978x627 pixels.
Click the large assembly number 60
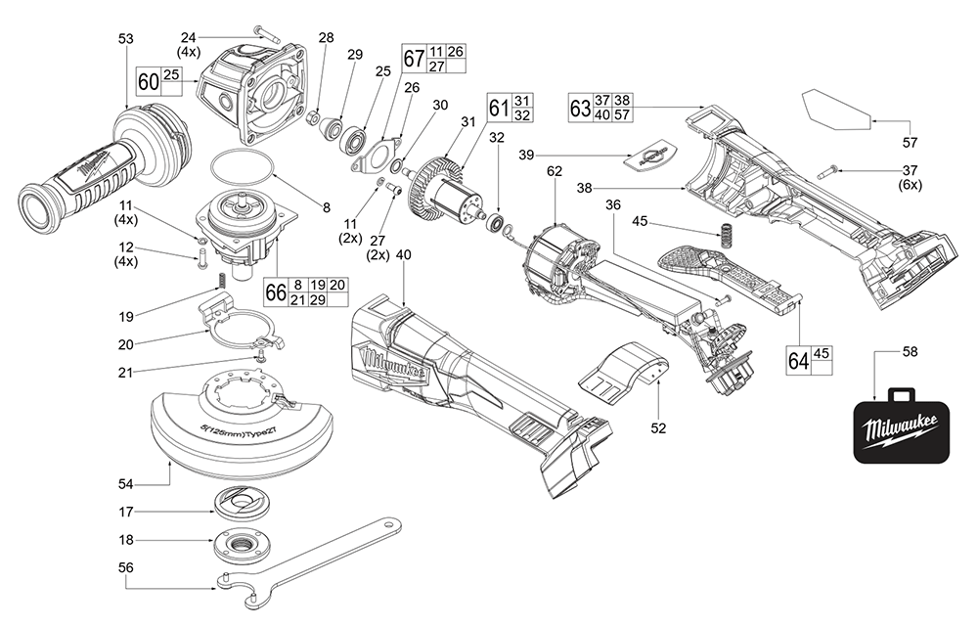click(149, 81)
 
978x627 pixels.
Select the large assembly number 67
click(414, 59)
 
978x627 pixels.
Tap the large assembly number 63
click(580, 107)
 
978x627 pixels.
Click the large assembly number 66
click(276, 292)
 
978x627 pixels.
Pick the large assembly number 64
click(799, 361)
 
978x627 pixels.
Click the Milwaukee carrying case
click(900, 425)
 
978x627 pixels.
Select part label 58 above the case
click(909, 350)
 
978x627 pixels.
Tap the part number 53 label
click(125, 38)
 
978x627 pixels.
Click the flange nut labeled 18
click(238, 541)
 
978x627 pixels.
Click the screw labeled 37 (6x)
click(823, 170)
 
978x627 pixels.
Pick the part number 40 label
click(404, 254)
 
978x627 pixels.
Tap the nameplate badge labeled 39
click(651, 154)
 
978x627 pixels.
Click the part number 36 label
click(613, 205)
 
